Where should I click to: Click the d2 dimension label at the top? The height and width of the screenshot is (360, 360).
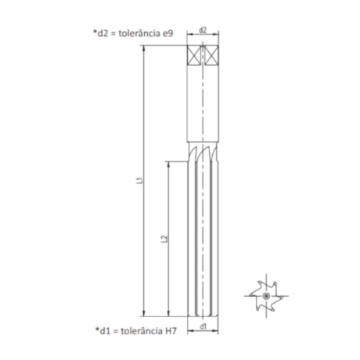(x=203, y=31)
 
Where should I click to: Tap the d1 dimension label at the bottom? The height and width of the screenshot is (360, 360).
(x=203, y=326)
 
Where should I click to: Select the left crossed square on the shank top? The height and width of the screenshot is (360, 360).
(x=194, y=57)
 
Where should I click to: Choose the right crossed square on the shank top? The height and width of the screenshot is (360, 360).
(x=211, y=57)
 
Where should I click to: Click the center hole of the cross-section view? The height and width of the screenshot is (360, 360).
(x=266, y=297)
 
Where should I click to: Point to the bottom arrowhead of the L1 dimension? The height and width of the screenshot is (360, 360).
(x=145, y=312)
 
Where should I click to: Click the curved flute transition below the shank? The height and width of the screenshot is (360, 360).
(x=203, y=151)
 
